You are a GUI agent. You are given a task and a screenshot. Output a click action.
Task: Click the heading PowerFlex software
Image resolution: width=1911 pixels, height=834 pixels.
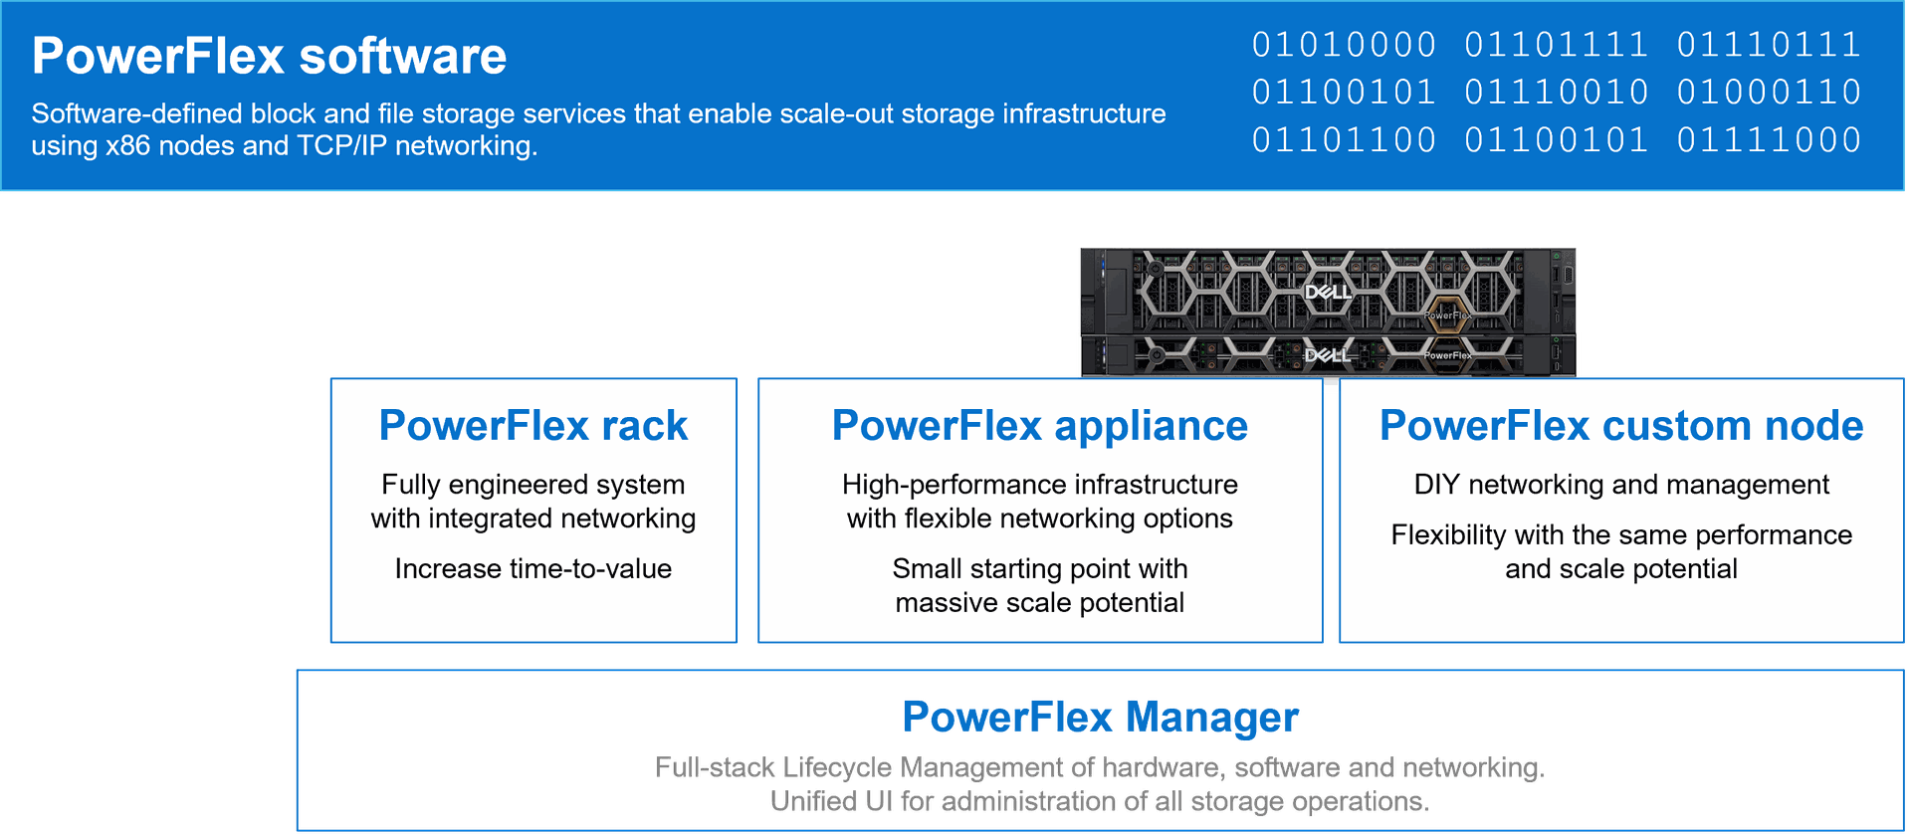coord(269,56)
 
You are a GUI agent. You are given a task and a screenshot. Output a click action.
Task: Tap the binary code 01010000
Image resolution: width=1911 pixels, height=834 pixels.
coord(1344,45)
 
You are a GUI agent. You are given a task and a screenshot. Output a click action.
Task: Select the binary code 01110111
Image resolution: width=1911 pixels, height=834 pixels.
coord(1769,45)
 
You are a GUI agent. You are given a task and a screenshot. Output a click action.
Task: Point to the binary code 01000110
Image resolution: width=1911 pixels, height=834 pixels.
coord(1769,93)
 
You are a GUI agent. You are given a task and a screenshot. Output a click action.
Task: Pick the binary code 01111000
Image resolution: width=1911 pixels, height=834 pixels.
coord(1769,140)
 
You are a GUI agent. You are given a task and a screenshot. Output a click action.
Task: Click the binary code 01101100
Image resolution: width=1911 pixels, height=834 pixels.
coord(1344,140)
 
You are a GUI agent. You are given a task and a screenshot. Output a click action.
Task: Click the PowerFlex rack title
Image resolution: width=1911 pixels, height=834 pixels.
coord(533,426)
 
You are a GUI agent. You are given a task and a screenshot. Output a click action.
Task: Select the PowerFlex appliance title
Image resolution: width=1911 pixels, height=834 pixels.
coord(1040,426)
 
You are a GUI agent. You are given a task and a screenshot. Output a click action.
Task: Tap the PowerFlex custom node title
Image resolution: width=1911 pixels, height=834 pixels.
coord(1621,426)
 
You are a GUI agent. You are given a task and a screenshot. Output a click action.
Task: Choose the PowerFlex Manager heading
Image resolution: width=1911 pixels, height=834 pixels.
coord(1101,717)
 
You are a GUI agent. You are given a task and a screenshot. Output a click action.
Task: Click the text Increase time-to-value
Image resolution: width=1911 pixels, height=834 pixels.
coord(533,568)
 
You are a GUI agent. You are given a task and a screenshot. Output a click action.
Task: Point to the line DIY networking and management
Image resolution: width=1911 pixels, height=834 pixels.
coord(1621,485)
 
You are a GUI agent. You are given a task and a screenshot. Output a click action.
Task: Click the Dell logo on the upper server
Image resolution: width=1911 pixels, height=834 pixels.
coord(1328,292)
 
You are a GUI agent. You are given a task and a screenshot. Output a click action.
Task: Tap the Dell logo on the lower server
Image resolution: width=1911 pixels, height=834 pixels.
coord(1328,355)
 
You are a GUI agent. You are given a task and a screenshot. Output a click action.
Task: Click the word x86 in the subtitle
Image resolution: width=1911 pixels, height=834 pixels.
coord(128,146)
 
